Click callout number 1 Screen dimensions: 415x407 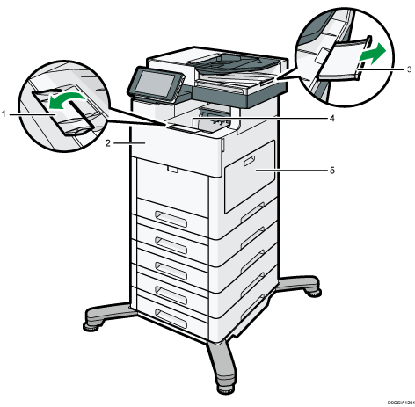pyautogui.click(x=4, y=114)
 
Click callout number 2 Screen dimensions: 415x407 pyautogui.click(x=108, y=143)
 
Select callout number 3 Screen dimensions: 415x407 pyautogui.click(x=409, y=69)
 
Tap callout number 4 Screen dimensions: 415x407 pyautogui.click(x=331, y=119)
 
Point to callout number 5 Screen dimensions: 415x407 pyautogui.click(x=332, y=171)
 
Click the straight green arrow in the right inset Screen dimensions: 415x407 pyautogui.click(x=374, y=54)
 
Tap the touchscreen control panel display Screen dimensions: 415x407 pyautogui.click(x=157, y=83)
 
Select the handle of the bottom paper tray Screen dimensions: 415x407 pyautogui.click(x=171, y=318)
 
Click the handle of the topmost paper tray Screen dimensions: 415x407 pyautogui.click(x=171, y=219)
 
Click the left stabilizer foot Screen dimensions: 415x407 pyautogui.click(x=108, y=316)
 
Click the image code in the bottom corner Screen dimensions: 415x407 pyautogui.click(x=401, y=403)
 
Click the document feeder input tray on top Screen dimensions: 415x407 pyautogui.click(x=235, y=63)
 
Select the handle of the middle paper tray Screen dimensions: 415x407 pyautogui.click(x=171, y=270)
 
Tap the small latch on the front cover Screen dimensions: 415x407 pyautogui.click(x=172, y=169)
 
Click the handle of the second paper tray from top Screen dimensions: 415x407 pyautogui.click(x=171, y=244)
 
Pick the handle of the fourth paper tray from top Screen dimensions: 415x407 pyautogui.click(x=171, y=294)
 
